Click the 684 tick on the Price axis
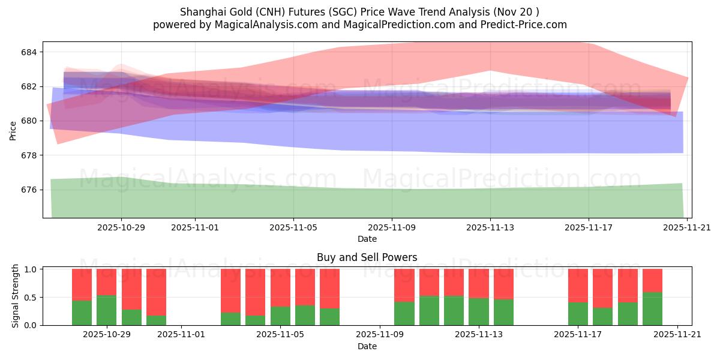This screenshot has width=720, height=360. (x=29, y=52)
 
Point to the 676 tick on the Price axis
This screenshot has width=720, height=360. (x=29, y=190)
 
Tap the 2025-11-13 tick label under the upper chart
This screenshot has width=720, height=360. (x=490, y=228)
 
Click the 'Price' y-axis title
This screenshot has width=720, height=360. (x=13, y=130)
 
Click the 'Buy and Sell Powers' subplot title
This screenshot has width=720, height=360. (x=367, y=257)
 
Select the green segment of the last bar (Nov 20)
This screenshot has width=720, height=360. (x=652, y=308)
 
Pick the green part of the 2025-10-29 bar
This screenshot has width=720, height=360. (x=106, y=310)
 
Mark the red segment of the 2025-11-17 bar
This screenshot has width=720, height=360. (x=578, y=286)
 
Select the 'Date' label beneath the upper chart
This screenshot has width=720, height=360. (x=367, y=239)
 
